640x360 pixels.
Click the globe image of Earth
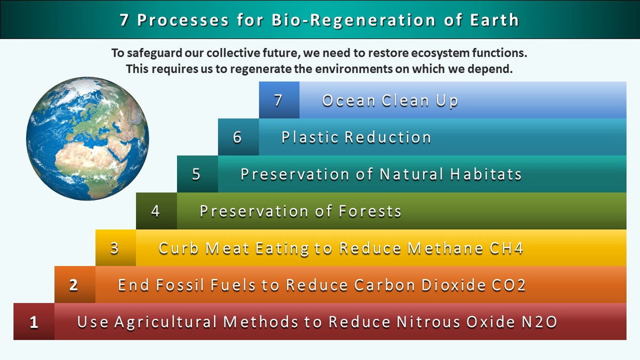tap(87, 139)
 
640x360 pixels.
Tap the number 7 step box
tap(279, 100)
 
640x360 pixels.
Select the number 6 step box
tap(238, 137)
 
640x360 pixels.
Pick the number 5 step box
tap(197, 174)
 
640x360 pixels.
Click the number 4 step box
tap(156, 211)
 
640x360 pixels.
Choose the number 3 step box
tap(115, 247)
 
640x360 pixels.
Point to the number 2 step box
tap(75, 285)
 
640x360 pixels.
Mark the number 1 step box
tap(34, 322)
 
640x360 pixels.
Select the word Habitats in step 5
tap(486, 174)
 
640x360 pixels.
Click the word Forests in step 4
tap(370, 211)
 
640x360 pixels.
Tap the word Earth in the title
tap(494, 20)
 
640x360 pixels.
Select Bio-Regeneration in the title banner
tap(354, 20)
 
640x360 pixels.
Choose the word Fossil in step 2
tap(180, 285)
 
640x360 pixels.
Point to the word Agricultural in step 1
tap(166, 322)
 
